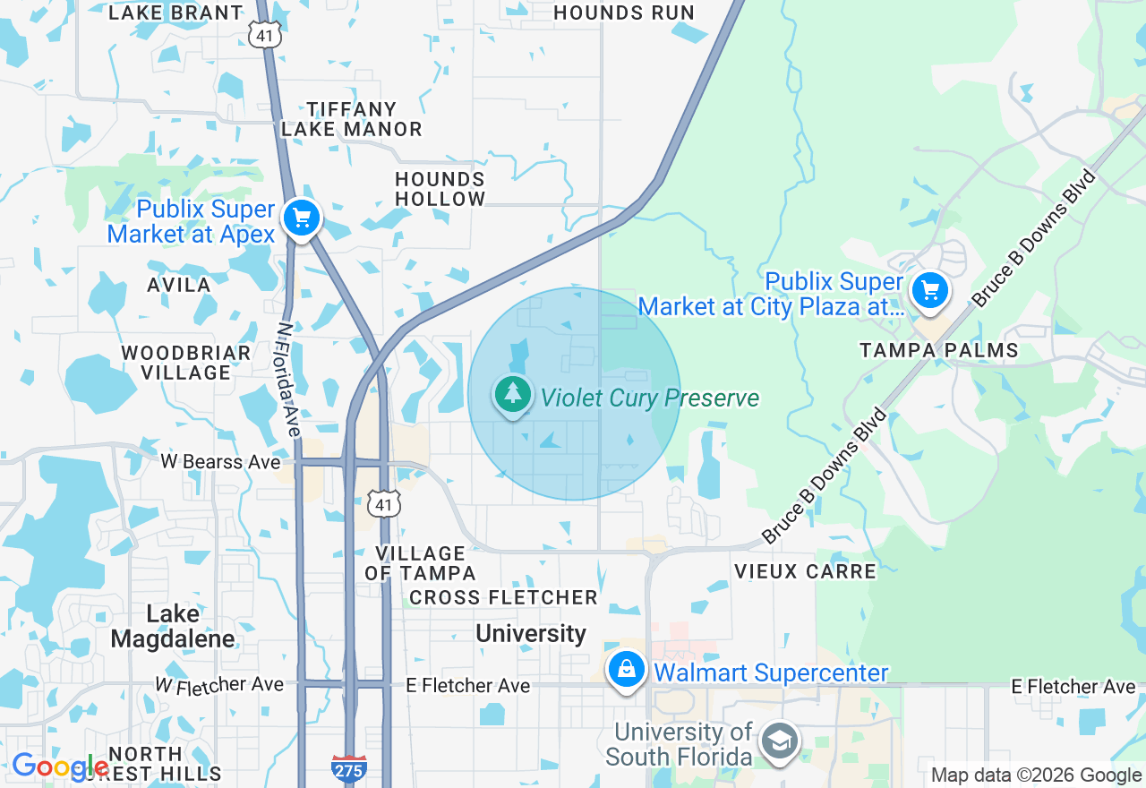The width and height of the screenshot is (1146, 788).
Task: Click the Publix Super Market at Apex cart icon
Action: pos(302,218)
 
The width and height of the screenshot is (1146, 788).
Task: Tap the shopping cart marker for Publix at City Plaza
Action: pos(929,291)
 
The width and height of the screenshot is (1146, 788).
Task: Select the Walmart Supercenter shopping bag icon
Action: pos(627,670)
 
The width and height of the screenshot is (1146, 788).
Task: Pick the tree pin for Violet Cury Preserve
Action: pos(513,395)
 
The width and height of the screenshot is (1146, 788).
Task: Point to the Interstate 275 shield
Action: pos(348,767)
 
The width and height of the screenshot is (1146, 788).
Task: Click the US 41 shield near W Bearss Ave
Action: pos(384,504)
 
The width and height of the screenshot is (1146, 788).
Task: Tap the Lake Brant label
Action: pos(175,13)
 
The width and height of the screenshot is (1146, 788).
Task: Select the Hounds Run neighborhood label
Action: pos(624,13)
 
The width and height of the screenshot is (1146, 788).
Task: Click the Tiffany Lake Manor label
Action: pos(351,119)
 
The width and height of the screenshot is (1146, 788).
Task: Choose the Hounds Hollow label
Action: pos(440,189)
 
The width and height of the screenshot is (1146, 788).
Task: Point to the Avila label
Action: pos(179,285)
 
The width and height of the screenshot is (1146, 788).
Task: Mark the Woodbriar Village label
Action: pos(186,363)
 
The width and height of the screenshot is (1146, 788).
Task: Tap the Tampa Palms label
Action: pos(939,350)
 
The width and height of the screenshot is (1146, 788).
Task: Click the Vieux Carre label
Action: pos(805,570)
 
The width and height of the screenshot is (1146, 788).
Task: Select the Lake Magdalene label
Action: pos(173,626)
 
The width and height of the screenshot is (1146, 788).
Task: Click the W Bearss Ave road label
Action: pos(220,462)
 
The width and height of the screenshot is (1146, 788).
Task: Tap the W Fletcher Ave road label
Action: pos(219,685)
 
